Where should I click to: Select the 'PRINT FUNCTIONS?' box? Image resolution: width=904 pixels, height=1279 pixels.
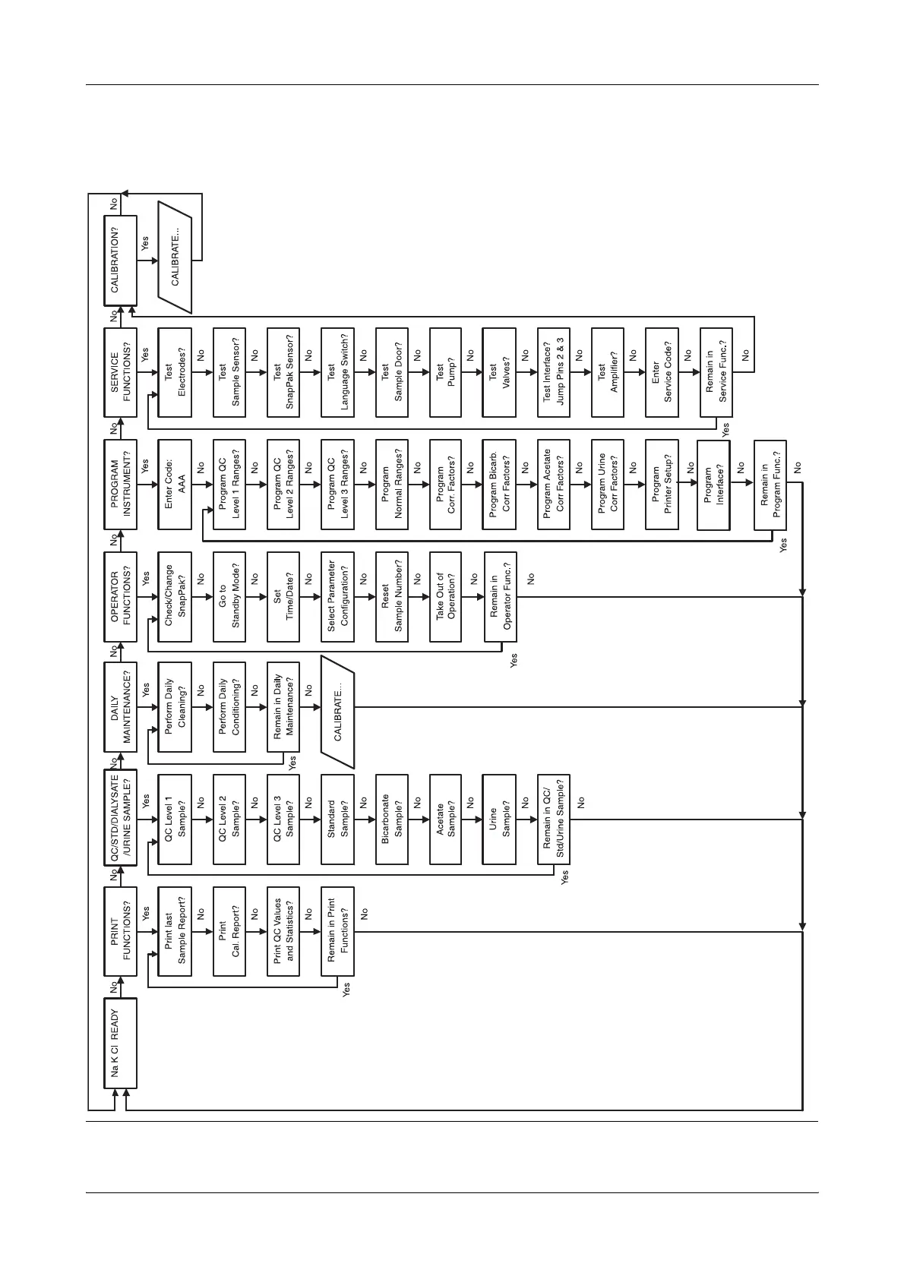[x=121, y=931]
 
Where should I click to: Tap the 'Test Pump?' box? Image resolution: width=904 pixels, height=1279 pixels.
[x=446, y=373]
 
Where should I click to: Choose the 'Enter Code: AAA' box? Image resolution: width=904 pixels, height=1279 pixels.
[x=175, y=485]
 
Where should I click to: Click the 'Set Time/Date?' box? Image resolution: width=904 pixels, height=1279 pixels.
[x=283, y=597]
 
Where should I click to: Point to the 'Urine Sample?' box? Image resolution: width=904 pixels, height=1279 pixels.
[x=500, y=820]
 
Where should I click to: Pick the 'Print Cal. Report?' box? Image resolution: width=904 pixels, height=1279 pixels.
[x=229, y=931]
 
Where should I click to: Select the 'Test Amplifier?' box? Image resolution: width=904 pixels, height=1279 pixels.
[x=608, y=373]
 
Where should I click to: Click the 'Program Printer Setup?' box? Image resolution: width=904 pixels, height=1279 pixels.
[x=662, y=485]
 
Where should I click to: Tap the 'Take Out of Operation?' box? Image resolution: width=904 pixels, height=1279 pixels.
[x=446, y=597]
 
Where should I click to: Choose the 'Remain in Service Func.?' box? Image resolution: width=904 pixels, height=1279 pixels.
[x=716, y=373]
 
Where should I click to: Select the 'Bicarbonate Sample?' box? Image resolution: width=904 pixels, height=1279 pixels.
[x=392, y=820]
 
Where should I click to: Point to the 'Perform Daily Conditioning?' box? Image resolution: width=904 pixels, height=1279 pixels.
[x=229, y=708]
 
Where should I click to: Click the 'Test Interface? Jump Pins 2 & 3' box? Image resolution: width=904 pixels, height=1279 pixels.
[x=554, y=373]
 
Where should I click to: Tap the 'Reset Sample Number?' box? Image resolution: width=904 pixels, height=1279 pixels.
[x=392, y=597]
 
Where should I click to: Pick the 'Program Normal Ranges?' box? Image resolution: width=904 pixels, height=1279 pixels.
[x=392, y=485]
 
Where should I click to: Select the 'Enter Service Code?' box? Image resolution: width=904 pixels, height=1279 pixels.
[x=662, y=373]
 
